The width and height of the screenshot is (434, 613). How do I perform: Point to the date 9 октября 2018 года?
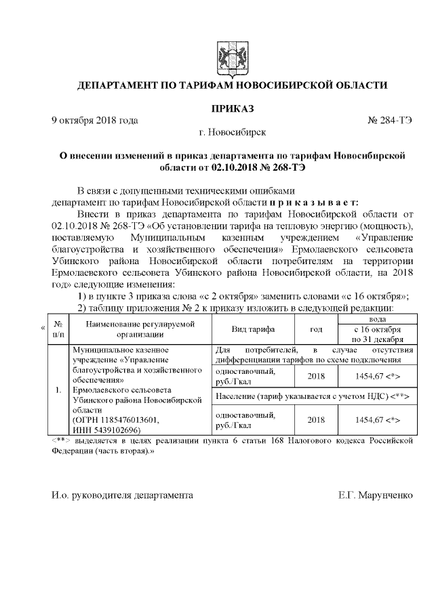click(x=96, y=121)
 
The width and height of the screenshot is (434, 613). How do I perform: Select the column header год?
click(x=316, y=329)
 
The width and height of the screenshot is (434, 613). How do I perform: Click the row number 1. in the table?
click(x=58, y=392)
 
